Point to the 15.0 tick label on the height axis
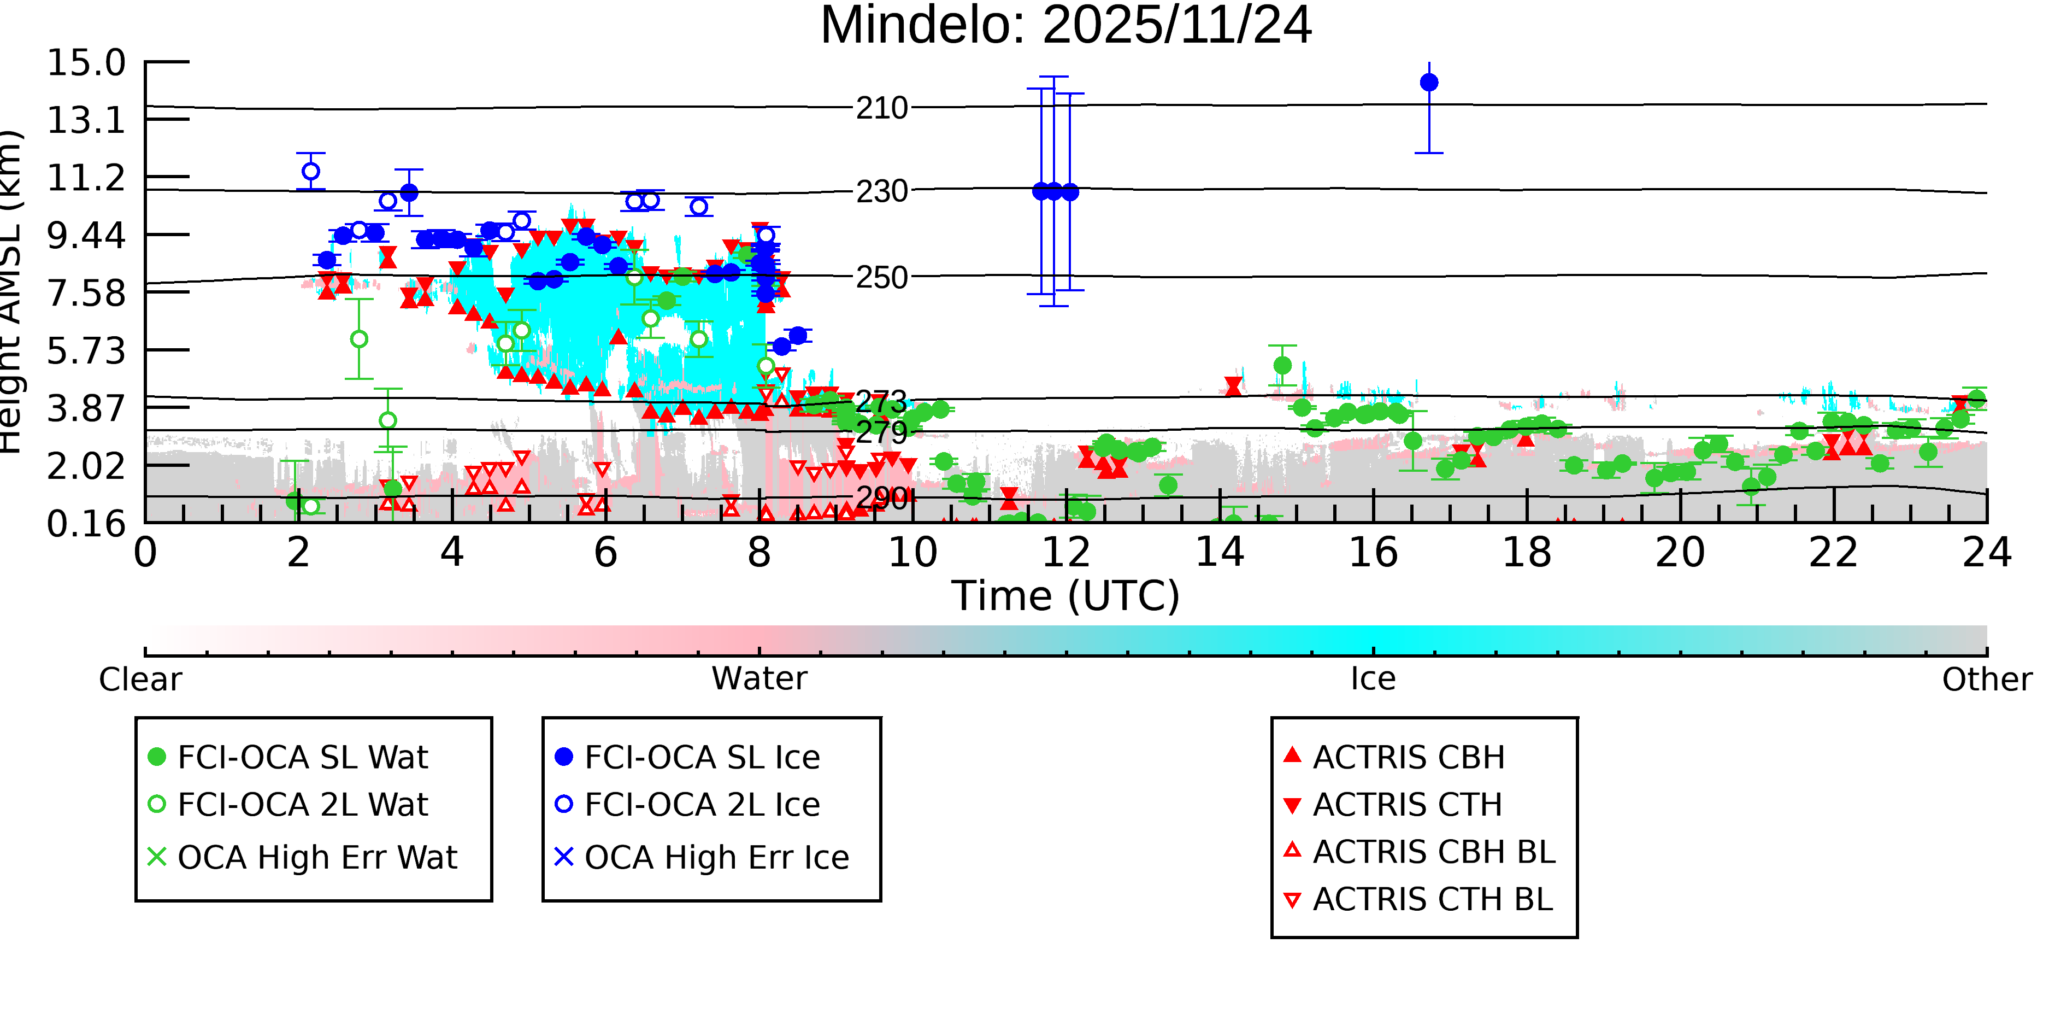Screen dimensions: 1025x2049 click(86, 63)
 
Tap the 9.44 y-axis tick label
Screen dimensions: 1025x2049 click(86, 236)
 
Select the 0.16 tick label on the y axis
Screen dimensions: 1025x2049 click(86, 524)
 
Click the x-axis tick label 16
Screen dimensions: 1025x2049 click(1373, 552)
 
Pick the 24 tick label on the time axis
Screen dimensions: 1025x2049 click(1986, 552)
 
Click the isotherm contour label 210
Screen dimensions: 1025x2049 click(881, 108)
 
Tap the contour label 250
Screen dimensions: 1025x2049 click(881, 278)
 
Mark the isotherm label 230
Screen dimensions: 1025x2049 click(881, 192)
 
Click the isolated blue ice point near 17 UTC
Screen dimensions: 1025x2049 click(1429, 83)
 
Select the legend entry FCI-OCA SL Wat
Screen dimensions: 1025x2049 click(302, 757)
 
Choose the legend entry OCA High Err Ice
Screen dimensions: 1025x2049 click(716, 857)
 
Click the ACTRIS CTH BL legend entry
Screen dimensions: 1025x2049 click(1432, 899)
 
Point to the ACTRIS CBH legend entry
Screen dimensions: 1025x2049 click(1408, 757)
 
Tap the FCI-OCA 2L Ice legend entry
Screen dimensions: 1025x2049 click(702, 805)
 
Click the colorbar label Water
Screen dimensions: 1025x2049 click(759, 679)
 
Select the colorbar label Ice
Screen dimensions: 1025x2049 click(1373, 679)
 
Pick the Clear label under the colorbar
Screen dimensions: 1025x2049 click(140, 680)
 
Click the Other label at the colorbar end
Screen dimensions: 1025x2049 click(1986, 680)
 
